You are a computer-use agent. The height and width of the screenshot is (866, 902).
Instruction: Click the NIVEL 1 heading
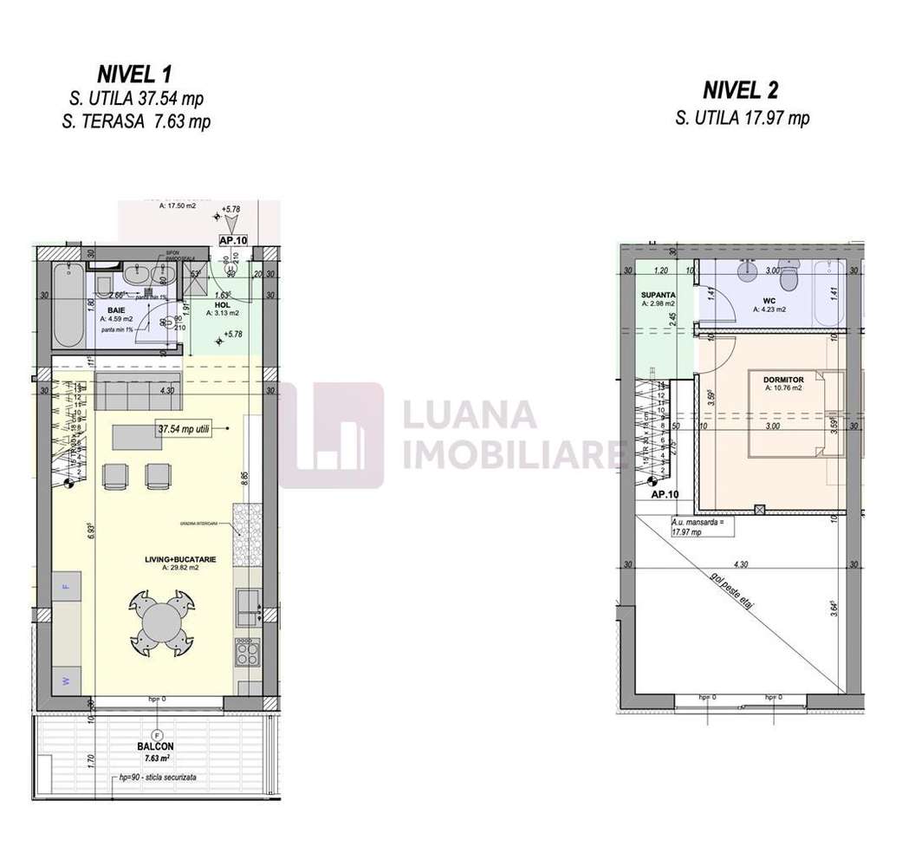pos(135,76)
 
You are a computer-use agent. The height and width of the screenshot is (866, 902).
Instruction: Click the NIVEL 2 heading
pos(740,90)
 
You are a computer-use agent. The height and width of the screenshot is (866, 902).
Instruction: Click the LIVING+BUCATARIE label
pos(180,559)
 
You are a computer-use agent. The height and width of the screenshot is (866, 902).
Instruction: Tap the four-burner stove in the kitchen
pos(247,650)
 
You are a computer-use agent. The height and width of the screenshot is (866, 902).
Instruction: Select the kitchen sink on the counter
pos(248,604)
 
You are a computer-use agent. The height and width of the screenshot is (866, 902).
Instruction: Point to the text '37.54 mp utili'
pos(184,427)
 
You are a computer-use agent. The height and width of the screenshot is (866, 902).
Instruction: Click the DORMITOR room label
pos(783,380)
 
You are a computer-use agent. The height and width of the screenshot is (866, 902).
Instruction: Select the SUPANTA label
pos(659,296)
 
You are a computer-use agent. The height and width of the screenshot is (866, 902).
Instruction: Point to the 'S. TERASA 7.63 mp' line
pos(136,121)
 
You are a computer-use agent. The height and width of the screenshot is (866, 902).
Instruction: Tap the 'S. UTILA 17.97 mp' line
pos(743,118)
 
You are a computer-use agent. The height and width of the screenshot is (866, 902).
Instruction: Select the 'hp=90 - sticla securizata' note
pos(159,778)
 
